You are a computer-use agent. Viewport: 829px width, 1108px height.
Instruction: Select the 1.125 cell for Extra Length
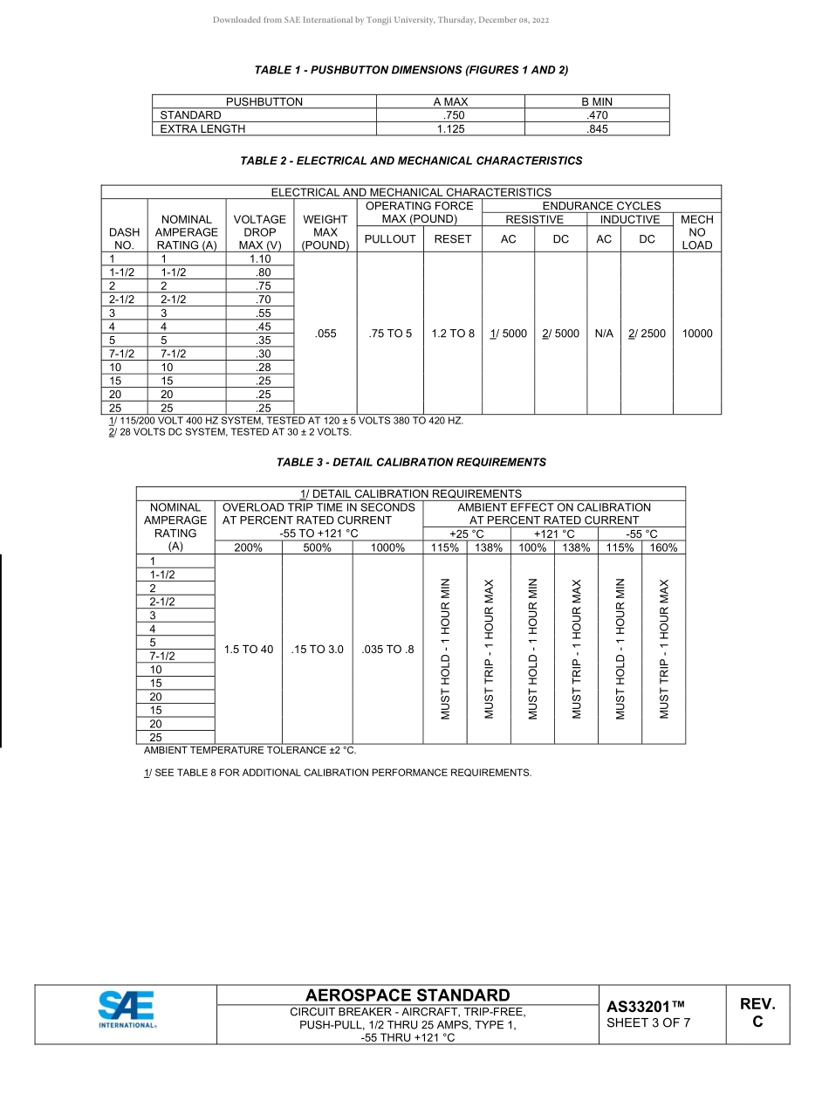tap(450, 128)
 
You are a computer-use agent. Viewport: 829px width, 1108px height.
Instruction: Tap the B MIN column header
tap(597, 101)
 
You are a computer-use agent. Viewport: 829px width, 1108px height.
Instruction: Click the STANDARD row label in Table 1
tap(191, 115)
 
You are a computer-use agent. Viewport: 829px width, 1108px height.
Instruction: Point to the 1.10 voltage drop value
tap(259, 258)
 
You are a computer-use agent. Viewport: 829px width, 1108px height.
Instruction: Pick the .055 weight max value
tap(325, 333)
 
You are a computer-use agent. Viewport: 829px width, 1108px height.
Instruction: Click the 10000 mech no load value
tap(697, 333)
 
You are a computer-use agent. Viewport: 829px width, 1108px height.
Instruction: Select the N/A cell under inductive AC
tap(604, 333)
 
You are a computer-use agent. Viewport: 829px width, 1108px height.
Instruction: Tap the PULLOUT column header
tap(390, 238)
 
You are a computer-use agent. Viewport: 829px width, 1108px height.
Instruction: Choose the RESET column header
tap(453, 238)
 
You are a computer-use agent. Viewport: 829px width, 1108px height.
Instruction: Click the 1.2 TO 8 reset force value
tap(453, 333)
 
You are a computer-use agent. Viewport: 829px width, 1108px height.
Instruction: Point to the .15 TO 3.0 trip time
tap(317, 649)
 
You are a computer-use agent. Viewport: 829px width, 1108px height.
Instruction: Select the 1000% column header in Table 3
tap(387, 547)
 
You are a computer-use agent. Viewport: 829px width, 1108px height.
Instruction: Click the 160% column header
tap(663, 547)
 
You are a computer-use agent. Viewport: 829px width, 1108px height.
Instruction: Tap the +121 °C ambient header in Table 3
tap(554, 533)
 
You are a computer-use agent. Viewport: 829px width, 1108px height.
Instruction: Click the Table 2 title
tap(411, 161)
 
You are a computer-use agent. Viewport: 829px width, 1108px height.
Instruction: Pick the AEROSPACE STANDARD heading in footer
tap(408, 995)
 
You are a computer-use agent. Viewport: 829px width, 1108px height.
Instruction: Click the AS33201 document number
tap(646, 1007)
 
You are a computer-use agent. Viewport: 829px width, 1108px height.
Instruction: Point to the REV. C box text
tap(757, 1013)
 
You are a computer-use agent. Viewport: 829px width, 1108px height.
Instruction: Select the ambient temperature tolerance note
tap(250, 750)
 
